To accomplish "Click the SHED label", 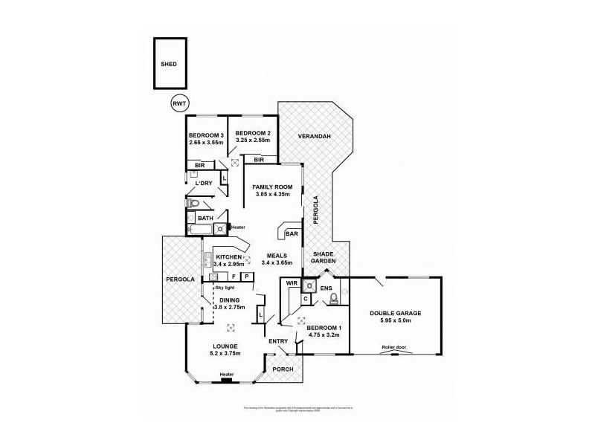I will click(x=170, y=65).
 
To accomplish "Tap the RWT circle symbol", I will click(x=178, y=103).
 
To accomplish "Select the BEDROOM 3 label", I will click(x=206, y=135).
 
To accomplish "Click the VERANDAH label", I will click(x=309, y=138).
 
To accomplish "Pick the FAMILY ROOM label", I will click(x=272, y=187).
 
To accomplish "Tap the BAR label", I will click(x=292, y=234).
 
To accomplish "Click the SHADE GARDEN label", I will click(x=324, y=257).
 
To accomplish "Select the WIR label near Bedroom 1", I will click(x=292, y=283).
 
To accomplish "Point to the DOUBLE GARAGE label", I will click(x=396, y=314).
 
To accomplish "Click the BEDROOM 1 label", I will click(x=324, y=328).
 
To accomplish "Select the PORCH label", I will click(x=283, y=369).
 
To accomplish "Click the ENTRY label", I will click(x=278, y=341).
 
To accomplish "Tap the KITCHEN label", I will click(x=229, y=256).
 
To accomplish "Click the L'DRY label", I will click(x=204, y=184).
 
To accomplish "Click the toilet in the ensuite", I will click(x=333, y=298).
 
